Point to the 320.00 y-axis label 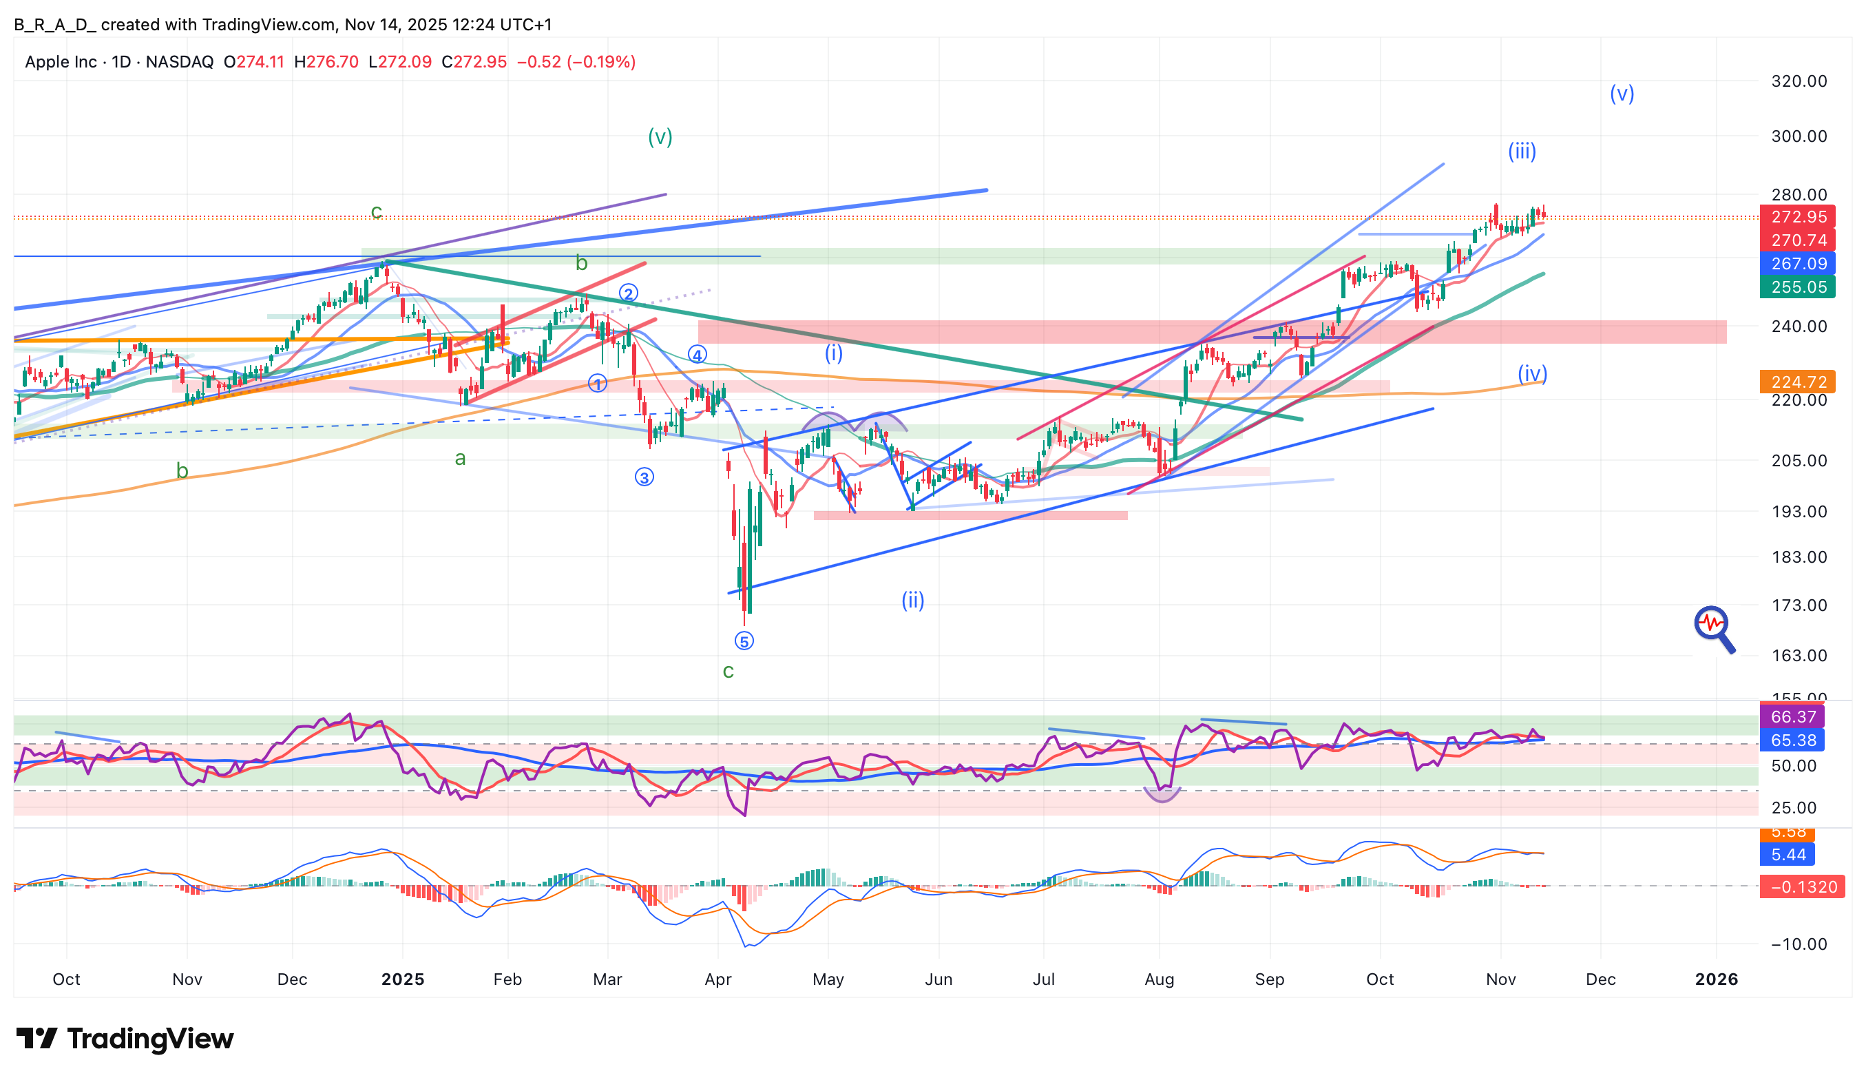pos(1798,81)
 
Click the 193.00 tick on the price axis pos(1798,512)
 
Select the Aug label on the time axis pos(1159,979)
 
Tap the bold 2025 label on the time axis pos(403,979)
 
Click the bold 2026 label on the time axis pos(1716,979)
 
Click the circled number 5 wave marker pos(744,641)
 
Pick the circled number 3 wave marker pos(644,478)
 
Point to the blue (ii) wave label pos(912,600)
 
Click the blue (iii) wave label pos(1522,152)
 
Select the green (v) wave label pos(660,137)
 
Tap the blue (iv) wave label pos(1532,373)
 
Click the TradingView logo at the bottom pos(125,1039)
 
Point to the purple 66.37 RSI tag pos(1792,717)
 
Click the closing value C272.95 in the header pos(474,62)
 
